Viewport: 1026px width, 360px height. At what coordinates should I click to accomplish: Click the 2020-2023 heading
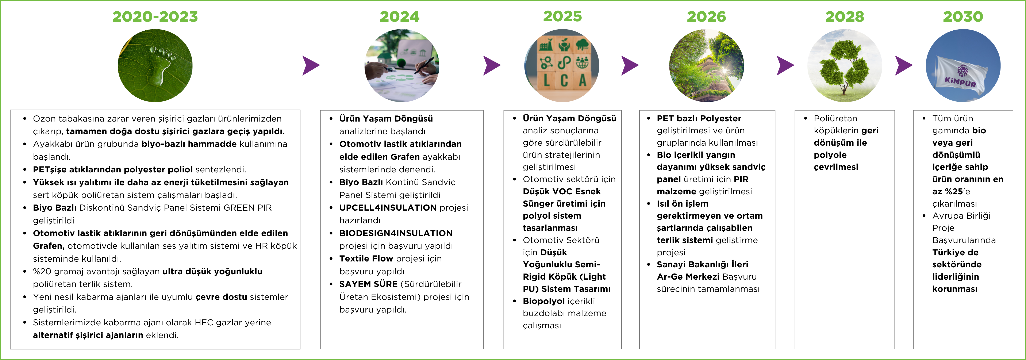click(155, 17)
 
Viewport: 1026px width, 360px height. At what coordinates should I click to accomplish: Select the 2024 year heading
click(399, 17)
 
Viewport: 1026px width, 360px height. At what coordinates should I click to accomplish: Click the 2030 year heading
click(963, 17)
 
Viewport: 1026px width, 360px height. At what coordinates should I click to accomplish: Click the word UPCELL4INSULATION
click(388, 207)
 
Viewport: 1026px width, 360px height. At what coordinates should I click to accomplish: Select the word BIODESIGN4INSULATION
click(396, 233)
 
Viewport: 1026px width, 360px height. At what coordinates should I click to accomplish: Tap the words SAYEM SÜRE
click(368, 284)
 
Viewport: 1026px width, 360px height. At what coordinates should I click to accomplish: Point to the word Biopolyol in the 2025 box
click(544, 301)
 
